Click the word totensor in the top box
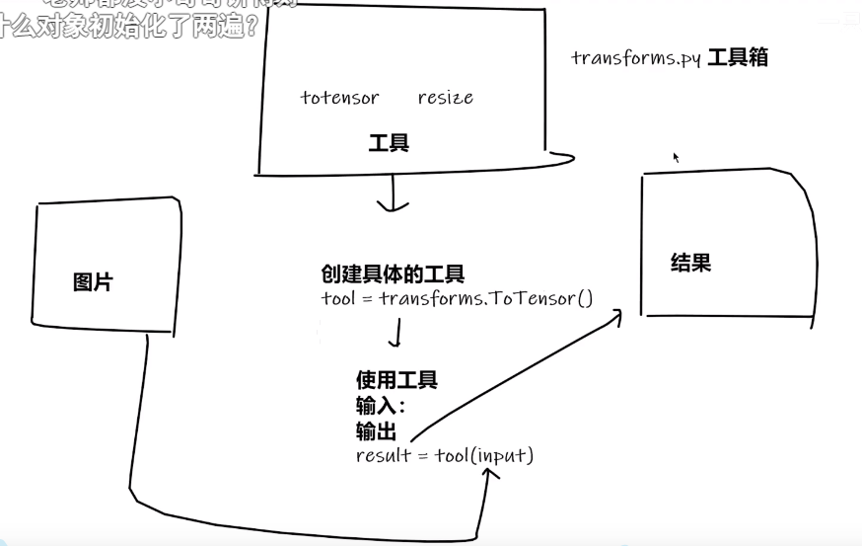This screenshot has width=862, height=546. pyautogui.click(x=339, y=98)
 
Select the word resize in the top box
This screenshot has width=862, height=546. pyautogui.click(x=445, y=98)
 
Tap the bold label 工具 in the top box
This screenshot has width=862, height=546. pyautogui.click(x=389, y=144)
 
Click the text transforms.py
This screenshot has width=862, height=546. pyautogui.click(x=636, y=57)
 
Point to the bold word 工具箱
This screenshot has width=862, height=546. pyautogui.click(x=738, y=57)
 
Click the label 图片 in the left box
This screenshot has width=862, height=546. pyautogui.click(x=93, y=282)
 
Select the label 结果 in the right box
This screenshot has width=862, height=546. pyautogui.click(x=690, y=263)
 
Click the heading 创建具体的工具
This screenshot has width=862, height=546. pyautogui.click(x=393, y=274)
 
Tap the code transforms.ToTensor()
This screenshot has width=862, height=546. pyautogui.click(x=486, y=298)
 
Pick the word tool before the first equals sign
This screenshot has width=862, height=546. pyautogui.click(x=337, y=298)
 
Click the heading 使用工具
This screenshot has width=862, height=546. pyautogui.click(x=396, y=380)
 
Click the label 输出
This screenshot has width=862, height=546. pyautogui.click(x=376, y=431)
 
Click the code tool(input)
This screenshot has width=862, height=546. pyautogui.click(x=484, y=456)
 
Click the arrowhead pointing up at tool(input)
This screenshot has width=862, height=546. pyautogui.click(x=488, y=474)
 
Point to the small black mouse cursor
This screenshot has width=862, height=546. pyautogui.click(x=677, y=157)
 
